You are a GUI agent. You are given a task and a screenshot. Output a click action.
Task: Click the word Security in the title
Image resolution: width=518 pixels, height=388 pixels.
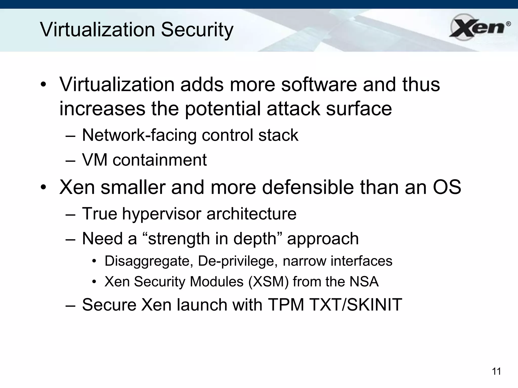[197, 30]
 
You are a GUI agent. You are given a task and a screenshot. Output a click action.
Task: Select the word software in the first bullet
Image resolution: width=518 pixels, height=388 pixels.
[319, 84]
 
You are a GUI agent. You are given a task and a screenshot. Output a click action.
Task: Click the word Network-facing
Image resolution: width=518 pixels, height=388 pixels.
[139, 135]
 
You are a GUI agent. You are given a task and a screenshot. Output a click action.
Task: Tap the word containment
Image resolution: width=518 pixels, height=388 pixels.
[160, 160]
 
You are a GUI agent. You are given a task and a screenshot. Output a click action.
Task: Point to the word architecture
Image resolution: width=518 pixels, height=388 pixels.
[251, 214]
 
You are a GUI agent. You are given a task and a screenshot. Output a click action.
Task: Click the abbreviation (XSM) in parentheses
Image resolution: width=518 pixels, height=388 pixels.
[268, 282]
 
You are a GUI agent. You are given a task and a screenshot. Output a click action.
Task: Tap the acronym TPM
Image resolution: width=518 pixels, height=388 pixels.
[286, 305]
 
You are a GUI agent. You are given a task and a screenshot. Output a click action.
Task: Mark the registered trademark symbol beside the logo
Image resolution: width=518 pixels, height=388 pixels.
[508, 24]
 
